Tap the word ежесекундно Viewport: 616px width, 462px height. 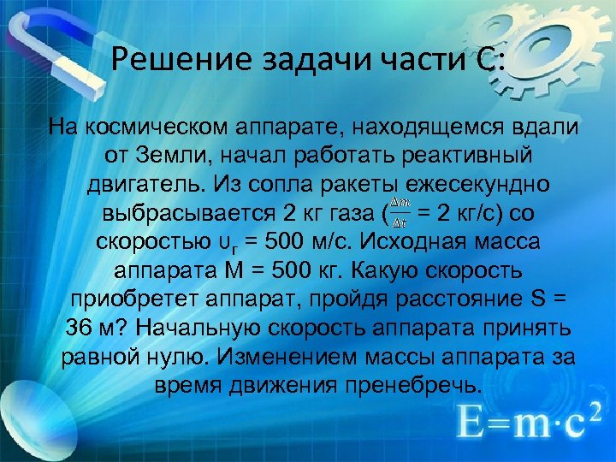tap(453, 185)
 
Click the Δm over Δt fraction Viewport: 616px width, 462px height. tap(399, 211)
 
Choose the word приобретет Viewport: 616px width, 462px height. tap(133, 299)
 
